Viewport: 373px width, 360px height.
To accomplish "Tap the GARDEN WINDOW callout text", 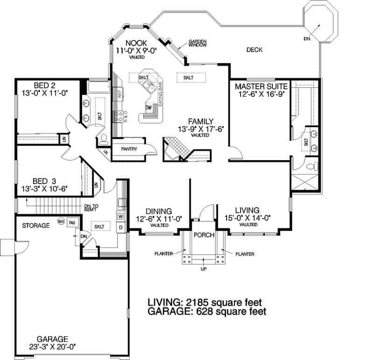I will point(198,44).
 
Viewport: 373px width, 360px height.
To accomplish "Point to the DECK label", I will point(255,49).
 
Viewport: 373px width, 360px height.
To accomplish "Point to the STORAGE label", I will point(35,225).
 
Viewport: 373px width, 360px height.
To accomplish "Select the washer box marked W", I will point(120,217).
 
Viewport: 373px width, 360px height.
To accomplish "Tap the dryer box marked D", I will point(120,228).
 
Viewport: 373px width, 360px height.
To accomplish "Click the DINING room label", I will point(158,211).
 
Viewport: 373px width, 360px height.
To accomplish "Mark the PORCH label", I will point(203,235).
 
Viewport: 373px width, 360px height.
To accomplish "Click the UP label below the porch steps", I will point(204,269).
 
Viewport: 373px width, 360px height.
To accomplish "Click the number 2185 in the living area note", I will point(200,301).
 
